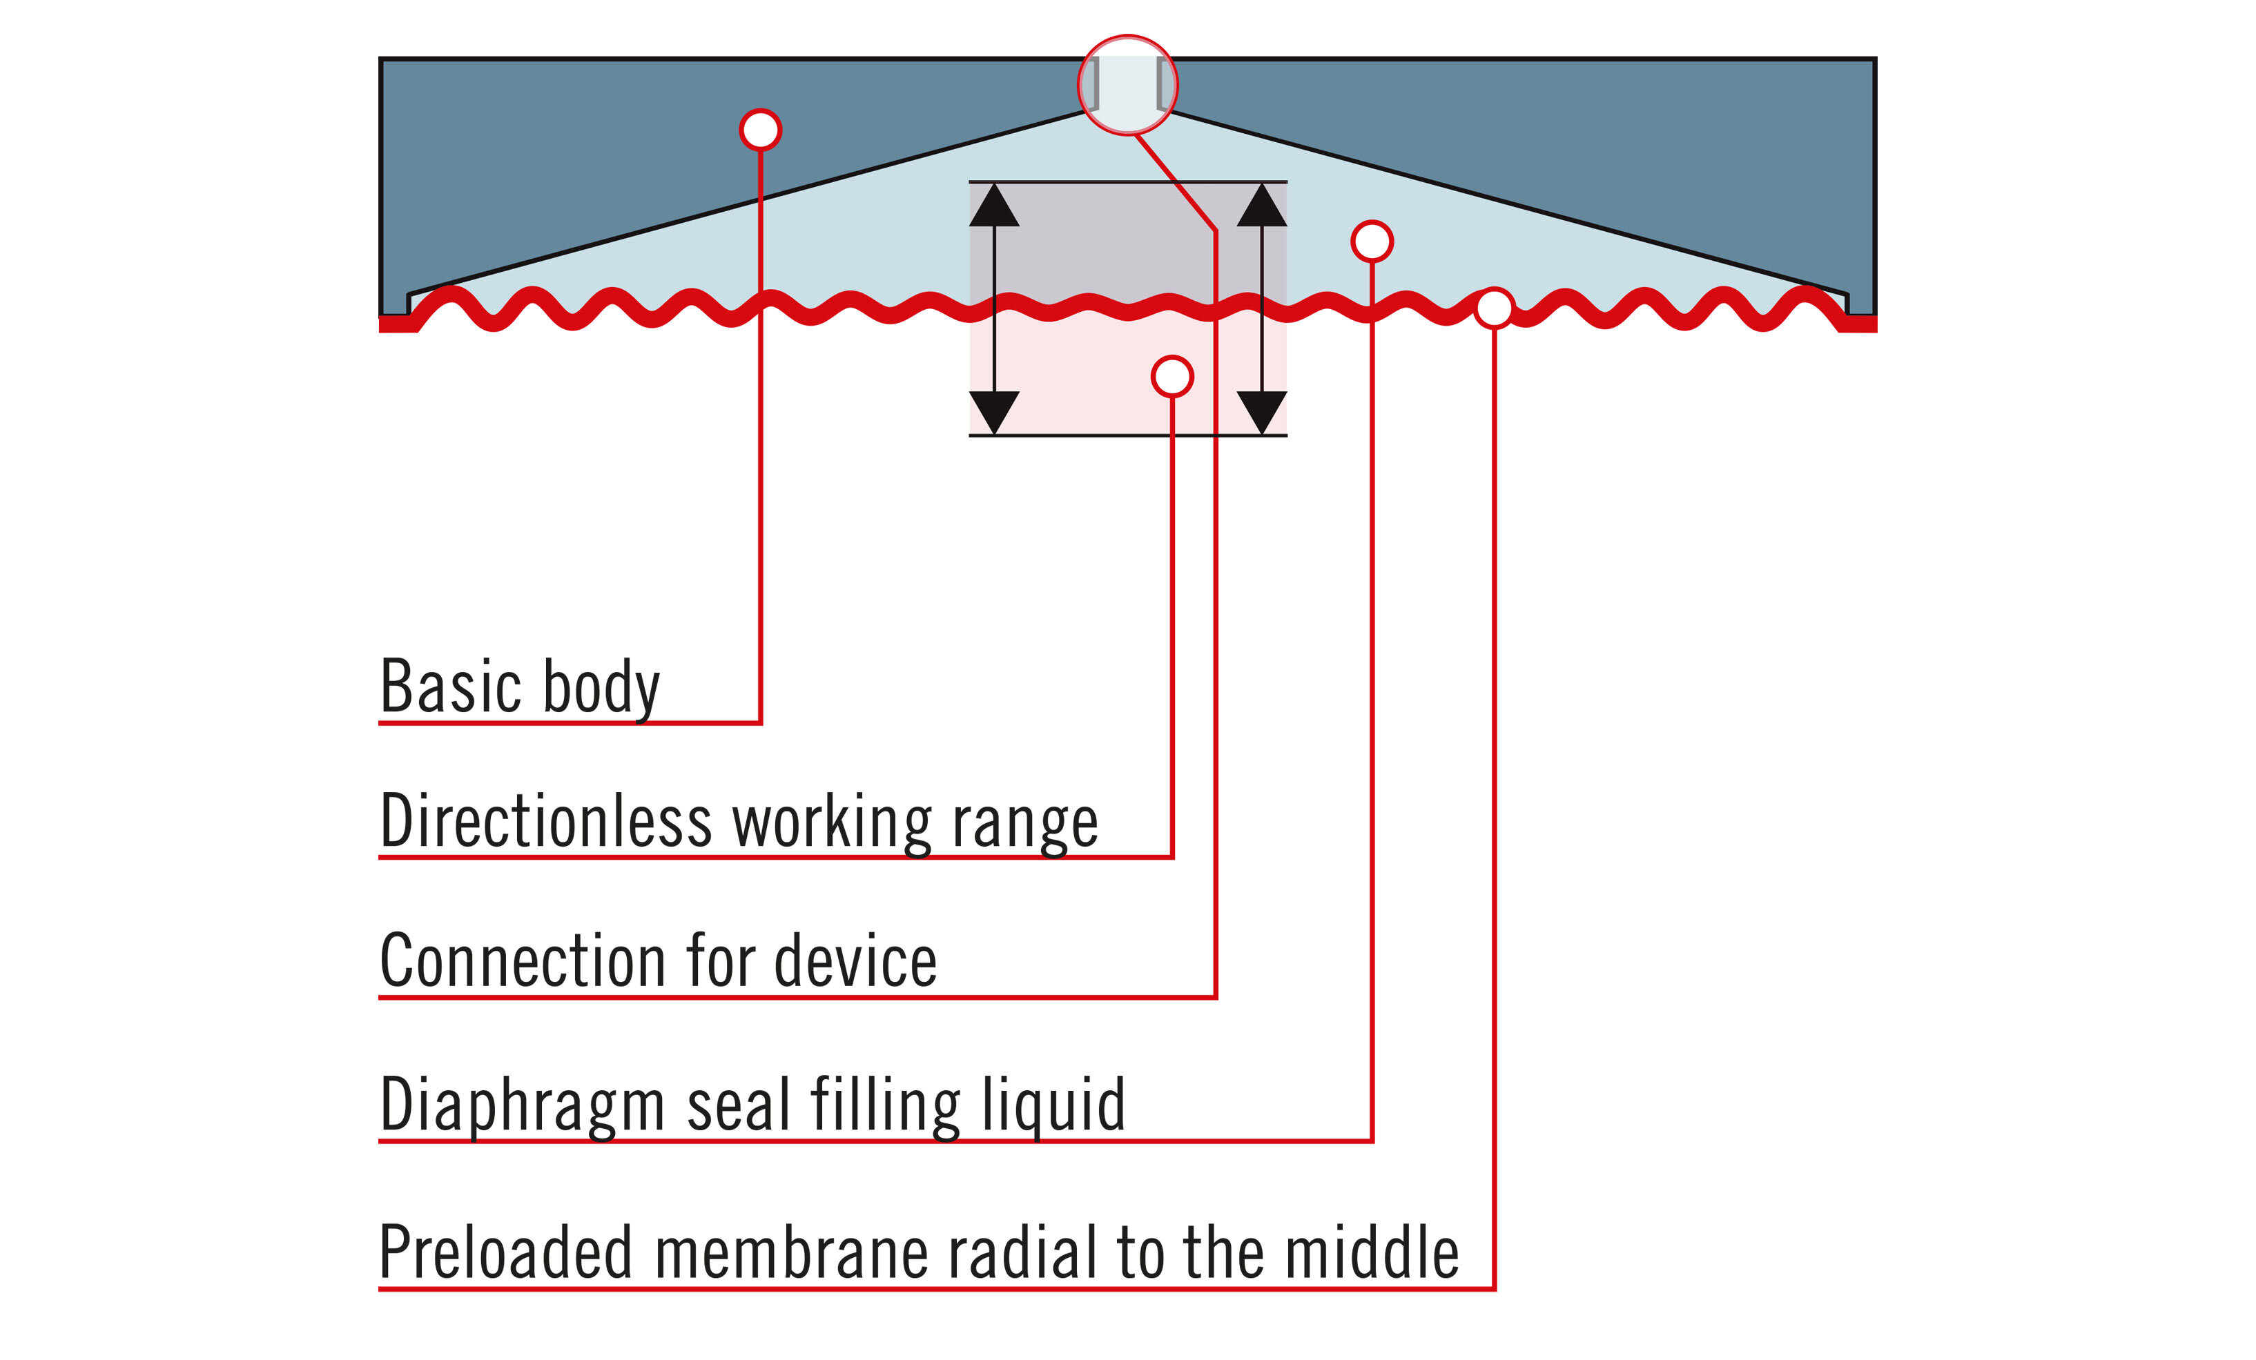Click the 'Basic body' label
(519, 687)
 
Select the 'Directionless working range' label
(738, 821)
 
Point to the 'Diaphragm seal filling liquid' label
(752, 1105)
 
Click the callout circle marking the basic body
(760, 129)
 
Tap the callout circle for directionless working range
(1172, 376)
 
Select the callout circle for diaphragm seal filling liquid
(1372, 242)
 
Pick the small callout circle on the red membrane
(1495, 308)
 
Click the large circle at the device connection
(1127, 85)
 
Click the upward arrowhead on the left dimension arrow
(993, 206)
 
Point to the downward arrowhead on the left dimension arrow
(993, 411)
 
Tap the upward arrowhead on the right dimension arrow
(1262, 206)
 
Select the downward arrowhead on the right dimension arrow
(1262, 411)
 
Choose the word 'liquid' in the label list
(1053, 1105)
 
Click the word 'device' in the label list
(855, 961)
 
